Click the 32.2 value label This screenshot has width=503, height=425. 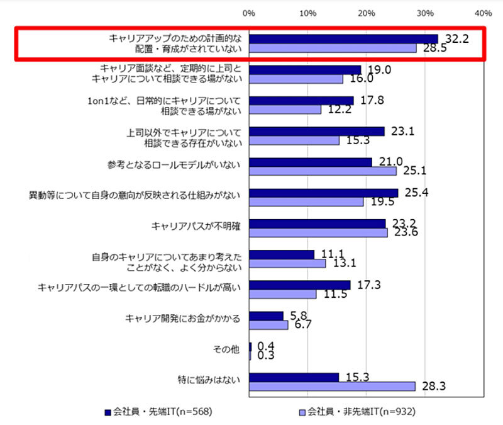click(457, 38)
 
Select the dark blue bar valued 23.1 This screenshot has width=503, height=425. click(317, 132)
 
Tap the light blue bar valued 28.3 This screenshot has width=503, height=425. click(333, 385)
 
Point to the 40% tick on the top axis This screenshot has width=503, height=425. click(484, 13)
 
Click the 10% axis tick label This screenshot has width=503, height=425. click(308, 13)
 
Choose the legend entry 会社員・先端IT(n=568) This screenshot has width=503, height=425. click(157, 412)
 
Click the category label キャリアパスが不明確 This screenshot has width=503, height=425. click(196, 227)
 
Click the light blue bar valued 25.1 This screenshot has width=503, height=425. click(323, 171)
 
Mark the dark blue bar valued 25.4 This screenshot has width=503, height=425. click(324, 193)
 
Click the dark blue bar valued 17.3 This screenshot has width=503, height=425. click(300, 285)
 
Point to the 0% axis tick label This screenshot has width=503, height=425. click(249, 13)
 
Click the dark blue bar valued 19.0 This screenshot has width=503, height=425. click(305, 70)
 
